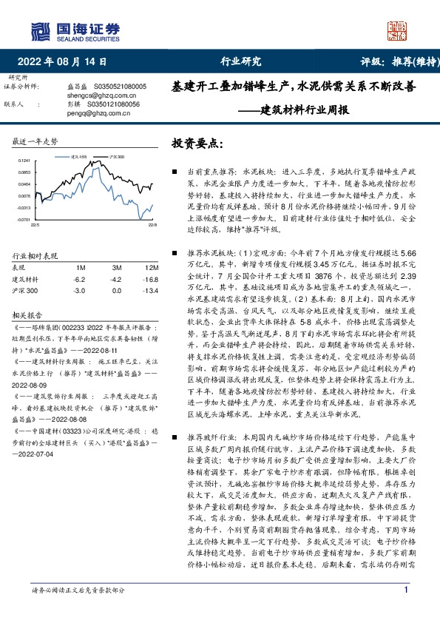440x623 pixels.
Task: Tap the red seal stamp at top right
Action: (x=399, y=30)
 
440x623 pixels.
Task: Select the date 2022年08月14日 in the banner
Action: (x=67, y=61)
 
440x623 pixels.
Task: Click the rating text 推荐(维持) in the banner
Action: (x=410, y=61)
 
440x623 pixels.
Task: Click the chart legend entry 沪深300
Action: (x=116, y=157)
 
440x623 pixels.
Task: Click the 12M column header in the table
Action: (x=152, y=267)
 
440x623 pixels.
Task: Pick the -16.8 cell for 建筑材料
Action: (x=152, y=279)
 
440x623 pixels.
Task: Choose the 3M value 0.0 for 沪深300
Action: (x=116, y=290)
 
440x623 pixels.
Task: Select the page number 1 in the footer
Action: (x=407, y=610)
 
